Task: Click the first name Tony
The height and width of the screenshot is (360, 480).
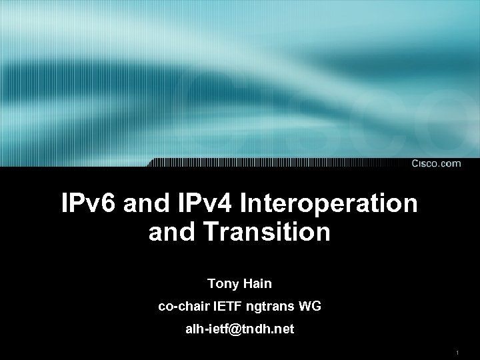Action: click(220, 283)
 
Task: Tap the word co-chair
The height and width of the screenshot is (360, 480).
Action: click(184, 307)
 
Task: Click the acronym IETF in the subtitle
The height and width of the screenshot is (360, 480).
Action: click(229, 307)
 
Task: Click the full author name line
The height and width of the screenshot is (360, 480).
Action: click(239, 283)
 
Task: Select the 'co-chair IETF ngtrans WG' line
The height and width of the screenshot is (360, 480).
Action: click(239, 307)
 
